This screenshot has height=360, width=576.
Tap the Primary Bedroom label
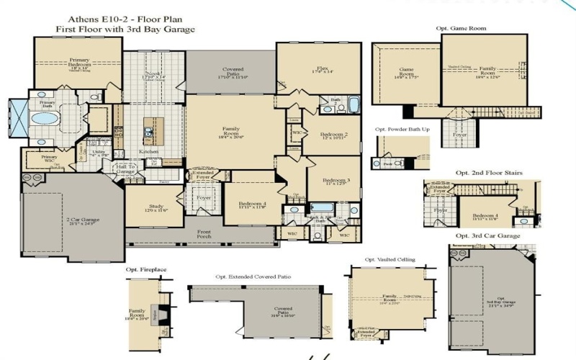[78, 63]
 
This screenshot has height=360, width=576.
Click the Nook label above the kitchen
[155, 74]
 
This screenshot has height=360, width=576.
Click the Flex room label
[318, 71]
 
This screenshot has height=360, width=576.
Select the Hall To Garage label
[125, 170]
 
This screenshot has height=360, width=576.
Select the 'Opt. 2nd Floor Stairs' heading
[489, 173]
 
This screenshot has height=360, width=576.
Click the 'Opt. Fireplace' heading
[146, 269]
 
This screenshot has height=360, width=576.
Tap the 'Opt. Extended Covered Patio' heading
[255, 276]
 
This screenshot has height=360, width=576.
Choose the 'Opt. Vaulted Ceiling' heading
[390, 259]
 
